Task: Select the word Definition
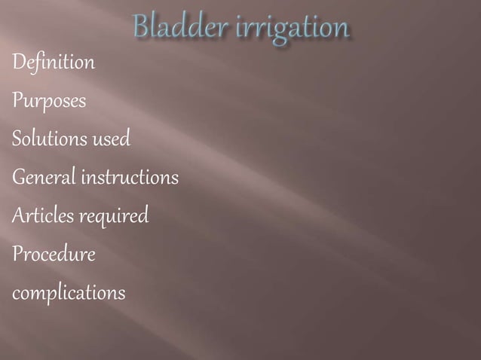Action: pyautogui.click(x=54, y=63)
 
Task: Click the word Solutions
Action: pyautogui.click(x=49, y=139)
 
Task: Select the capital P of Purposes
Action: pyautogui.click(x=17, y=101)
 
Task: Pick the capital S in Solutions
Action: pyautogui.click(x=17, y=139)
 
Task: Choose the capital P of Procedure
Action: pyautogui.click(x=17, y=255)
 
